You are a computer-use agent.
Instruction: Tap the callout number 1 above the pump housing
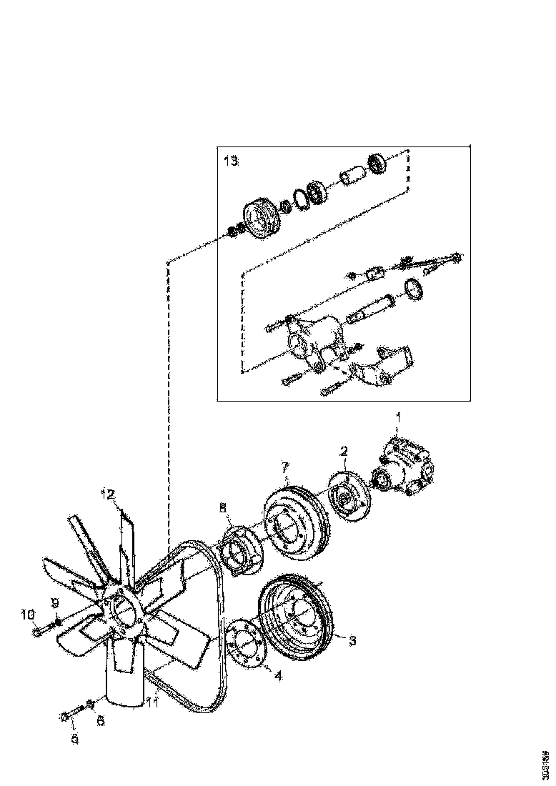pos(399,416)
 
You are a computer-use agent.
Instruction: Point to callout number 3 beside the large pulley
pos(352,640)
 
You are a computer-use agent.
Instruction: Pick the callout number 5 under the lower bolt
pos(74,740)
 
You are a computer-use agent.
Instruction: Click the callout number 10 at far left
pos(27,614)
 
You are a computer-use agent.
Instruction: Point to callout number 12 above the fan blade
pos(107,494)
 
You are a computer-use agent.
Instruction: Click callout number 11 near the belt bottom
pos(152,703)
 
